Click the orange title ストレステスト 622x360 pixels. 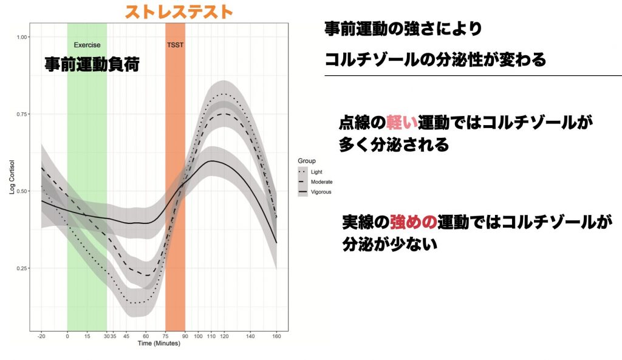pos(179,12)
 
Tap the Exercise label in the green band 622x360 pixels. pos(87,45)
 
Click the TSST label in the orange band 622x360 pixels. pos(175,45)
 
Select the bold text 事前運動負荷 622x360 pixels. pos(92,64)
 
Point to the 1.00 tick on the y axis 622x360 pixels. pos(22,37)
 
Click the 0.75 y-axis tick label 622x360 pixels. pos(22,114)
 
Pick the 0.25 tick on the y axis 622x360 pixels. pos(22,268)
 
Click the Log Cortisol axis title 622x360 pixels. pos(12,177)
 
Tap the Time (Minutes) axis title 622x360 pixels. pos(159,344)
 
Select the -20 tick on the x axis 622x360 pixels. pos(41,336)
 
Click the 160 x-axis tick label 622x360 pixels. pos(276,336)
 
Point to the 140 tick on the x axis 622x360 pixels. pos(250,336)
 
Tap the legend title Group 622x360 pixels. pos(307,161)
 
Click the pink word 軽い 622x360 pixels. pos(402,123)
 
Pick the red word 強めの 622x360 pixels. pos(413,222)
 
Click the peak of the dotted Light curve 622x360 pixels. pos(224,94)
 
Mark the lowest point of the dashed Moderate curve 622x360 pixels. pos(147,275)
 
